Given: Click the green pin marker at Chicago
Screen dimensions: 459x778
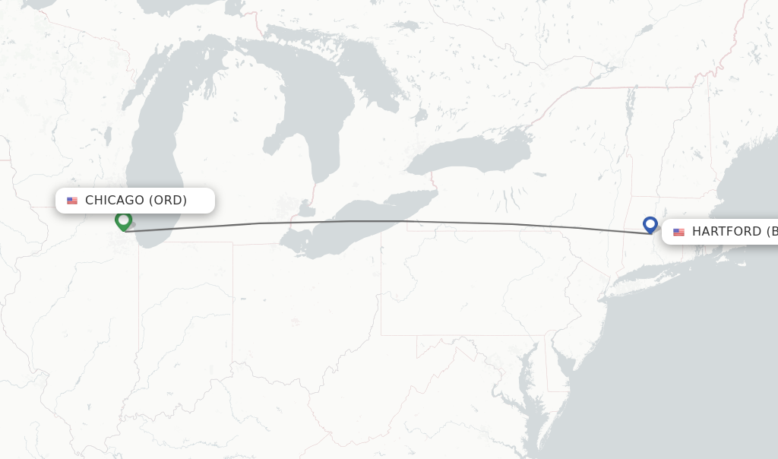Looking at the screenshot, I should click(123, 220).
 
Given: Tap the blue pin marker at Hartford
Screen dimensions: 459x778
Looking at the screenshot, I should click(650, 224).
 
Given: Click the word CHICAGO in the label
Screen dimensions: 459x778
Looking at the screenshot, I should click(114, 201).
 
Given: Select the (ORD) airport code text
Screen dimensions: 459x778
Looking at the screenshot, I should click(167, 201).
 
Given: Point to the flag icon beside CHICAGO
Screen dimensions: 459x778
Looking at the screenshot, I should click(72, 201).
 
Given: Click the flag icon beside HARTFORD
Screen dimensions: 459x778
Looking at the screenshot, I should click(678, 232).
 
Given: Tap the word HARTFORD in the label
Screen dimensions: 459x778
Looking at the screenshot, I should click(726, 232).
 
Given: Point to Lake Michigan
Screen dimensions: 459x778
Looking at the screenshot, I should click(152, 152).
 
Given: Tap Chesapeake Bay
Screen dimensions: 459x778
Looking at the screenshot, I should click(524, 380).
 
